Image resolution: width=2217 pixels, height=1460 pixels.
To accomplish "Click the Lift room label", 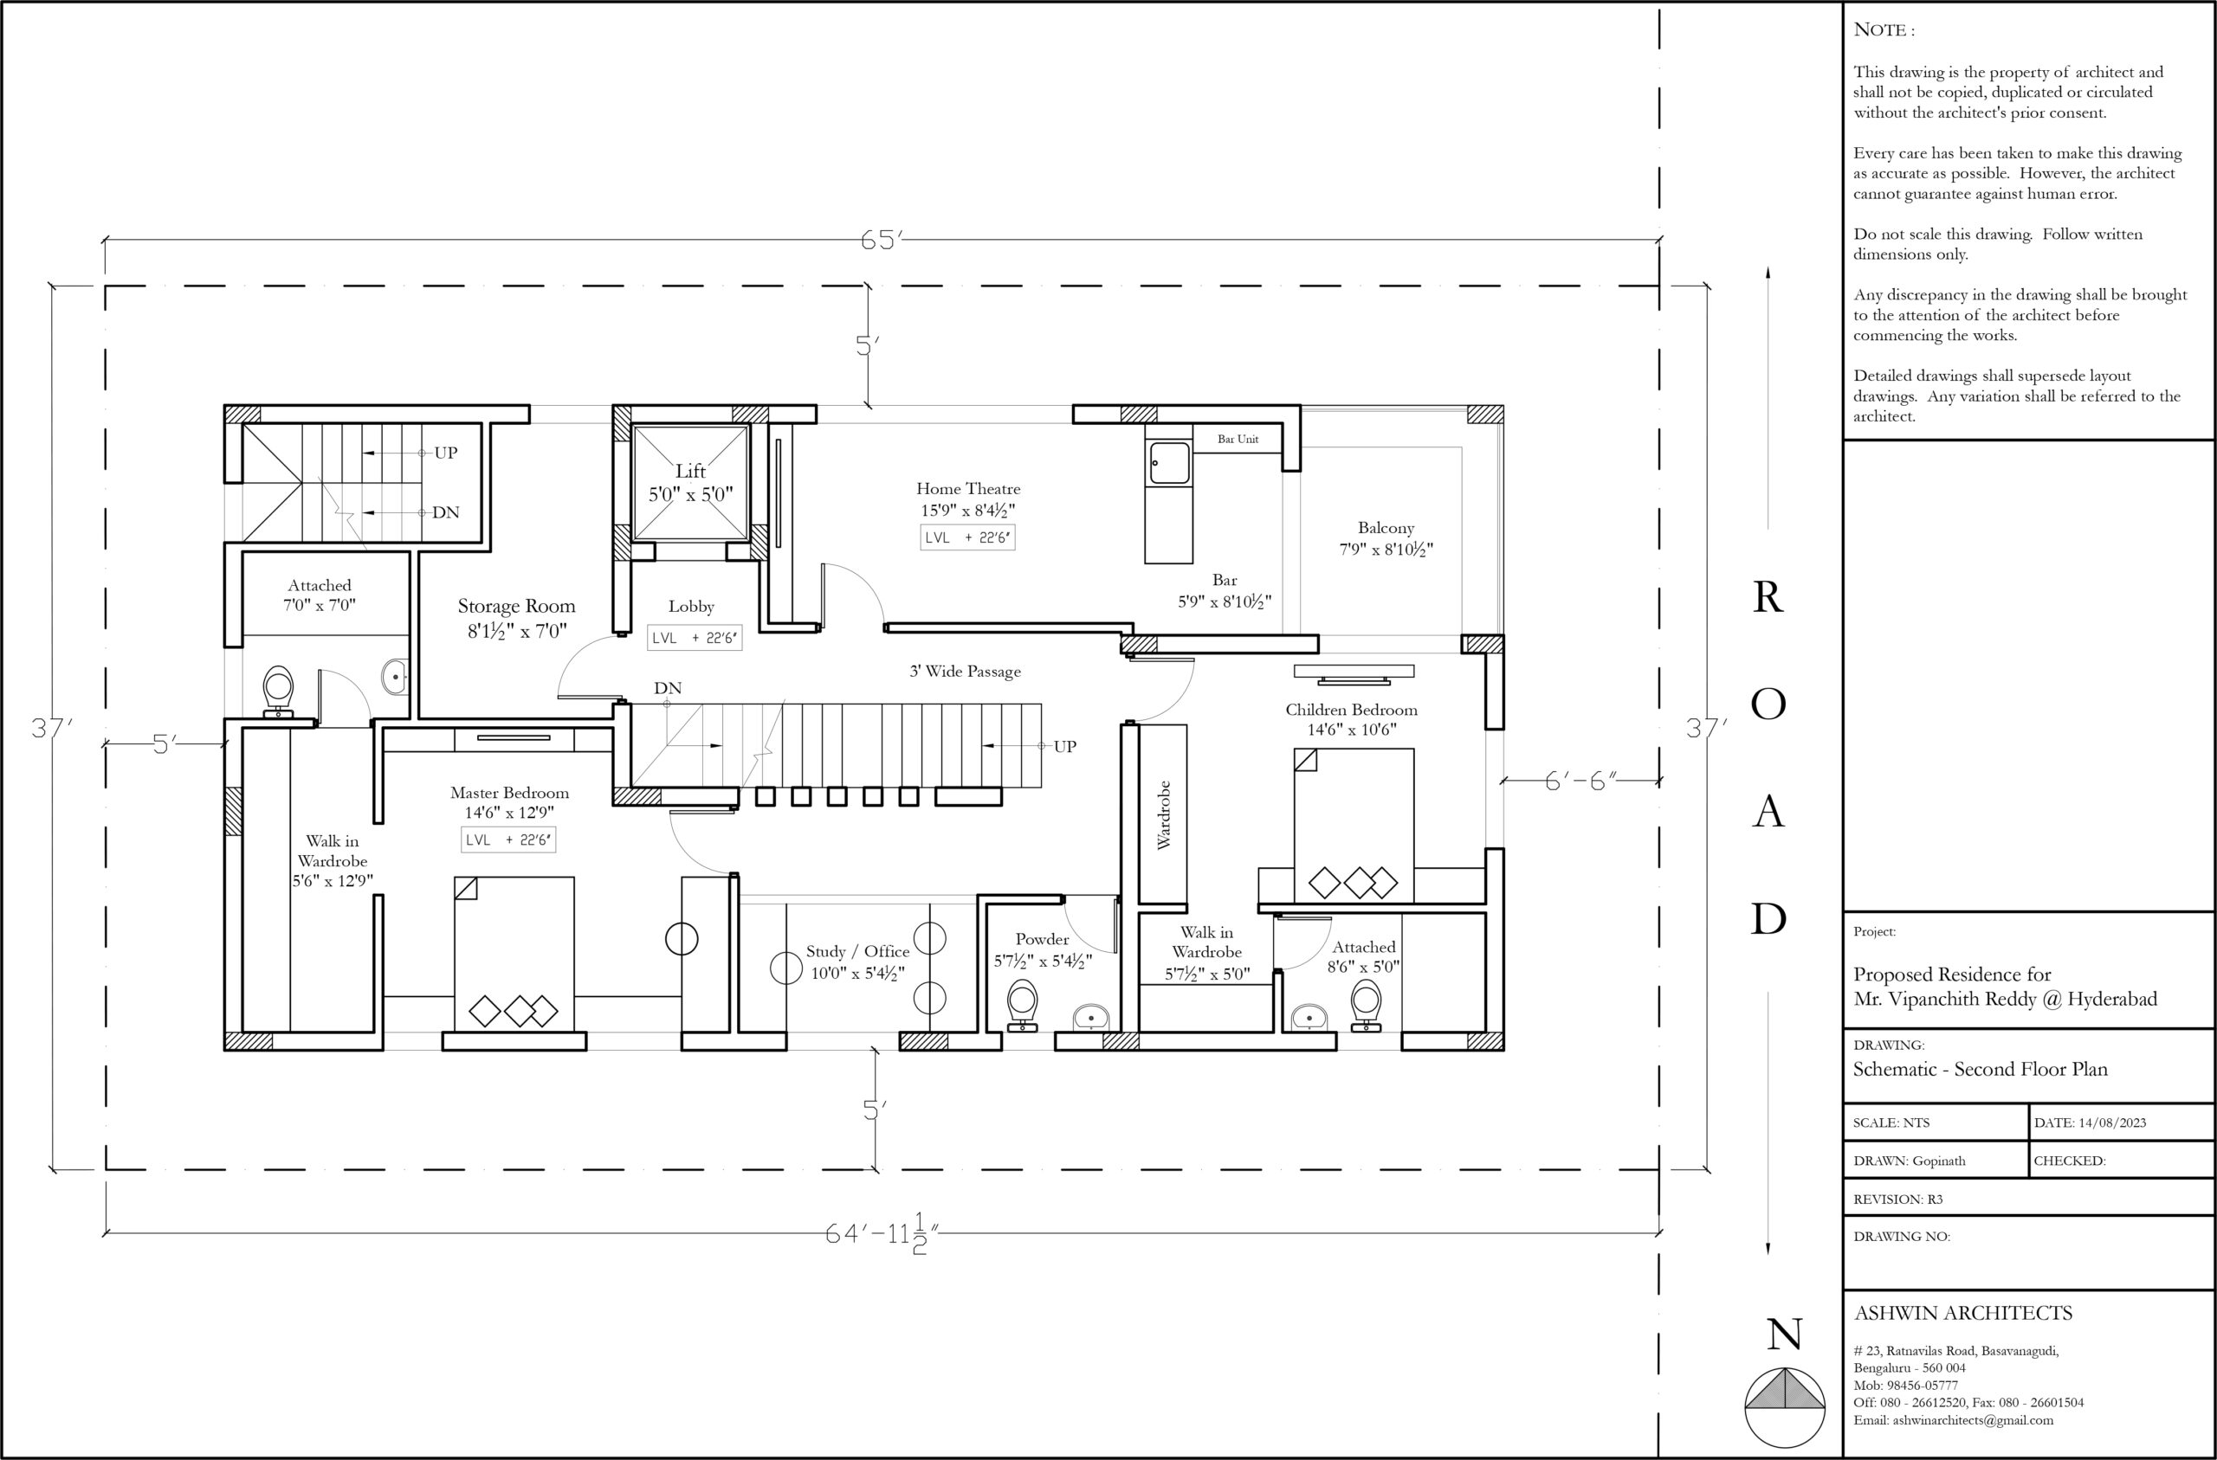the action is point(690,471).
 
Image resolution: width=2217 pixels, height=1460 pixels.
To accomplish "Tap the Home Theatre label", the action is point(968,489).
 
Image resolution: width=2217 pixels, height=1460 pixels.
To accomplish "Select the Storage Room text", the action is point(516,606).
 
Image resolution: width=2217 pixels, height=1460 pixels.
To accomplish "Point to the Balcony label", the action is point(1385,528).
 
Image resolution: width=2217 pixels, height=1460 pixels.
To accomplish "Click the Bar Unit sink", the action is point(1169,463).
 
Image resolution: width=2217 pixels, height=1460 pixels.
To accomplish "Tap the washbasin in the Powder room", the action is point(1091,1017).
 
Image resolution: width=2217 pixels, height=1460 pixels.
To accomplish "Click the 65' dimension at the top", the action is point(880,241).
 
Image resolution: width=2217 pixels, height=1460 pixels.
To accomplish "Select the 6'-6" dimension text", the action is point(1580,781).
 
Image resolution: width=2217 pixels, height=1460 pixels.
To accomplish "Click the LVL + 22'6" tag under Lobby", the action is point(694,638).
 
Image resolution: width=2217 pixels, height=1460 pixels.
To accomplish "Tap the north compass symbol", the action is point(1785,1406).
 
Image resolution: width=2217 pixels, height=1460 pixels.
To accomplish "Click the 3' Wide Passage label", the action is point(965,672).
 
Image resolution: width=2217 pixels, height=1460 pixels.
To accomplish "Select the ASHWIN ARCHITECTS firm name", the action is point(1962,1313).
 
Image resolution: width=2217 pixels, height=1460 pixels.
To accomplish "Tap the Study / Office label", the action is point(857,952).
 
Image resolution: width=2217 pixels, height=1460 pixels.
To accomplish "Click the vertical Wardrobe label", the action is point(1163,814).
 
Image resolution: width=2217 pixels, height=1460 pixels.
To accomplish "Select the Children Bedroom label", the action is point(1351,710).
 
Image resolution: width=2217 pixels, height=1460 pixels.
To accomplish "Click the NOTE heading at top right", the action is point(1884,29).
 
